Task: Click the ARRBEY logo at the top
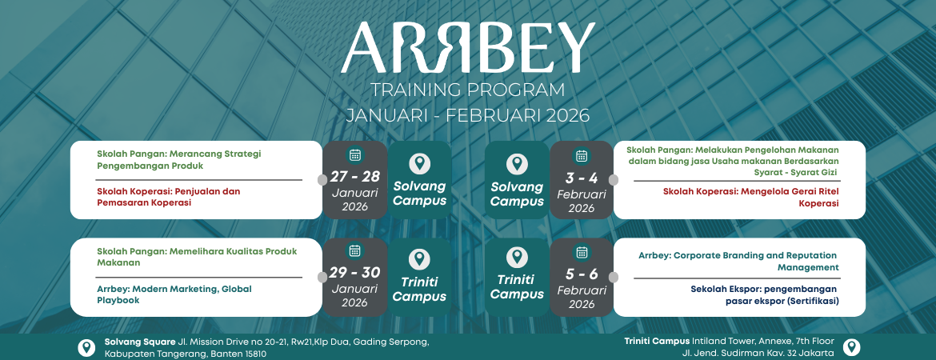coord(468,47)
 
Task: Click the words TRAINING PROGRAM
coord(467,90)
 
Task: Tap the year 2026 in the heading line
coord(566,115)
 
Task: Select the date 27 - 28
coord(354,177)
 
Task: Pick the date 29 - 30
coord(354,273)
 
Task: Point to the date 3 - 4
coord(582,178)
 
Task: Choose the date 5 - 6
coord(582,274)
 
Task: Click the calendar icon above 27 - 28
coord(354,155)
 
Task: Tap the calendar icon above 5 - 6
coord(582,252)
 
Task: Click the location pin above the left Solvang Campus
coord(420,164)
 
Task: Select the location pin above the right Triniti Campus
coord(517,258)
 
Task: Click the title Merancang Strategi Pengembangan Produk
coord(179,159)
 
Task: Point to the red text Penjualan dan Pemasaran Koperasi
coord(168,197)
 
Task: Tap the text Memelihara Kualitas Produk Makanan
coord(197,257)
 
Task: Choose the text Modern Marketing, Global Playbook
coord(174,294)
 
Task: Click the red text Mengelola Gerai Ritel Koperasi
coord(751,197)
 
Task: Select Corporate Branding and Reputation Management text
coord(738,262)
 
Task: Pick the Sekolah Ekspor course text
coord(765,295)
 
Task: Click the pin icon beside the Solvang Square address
coord(86,347)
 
